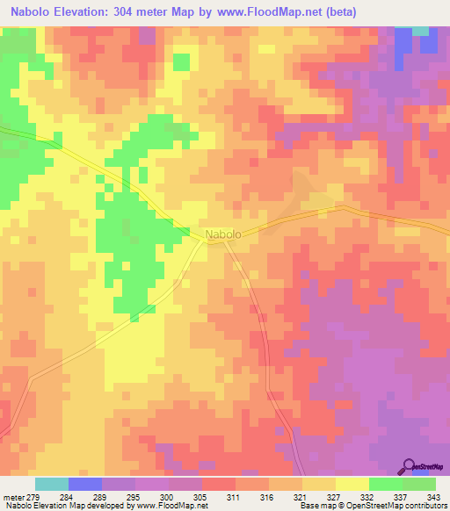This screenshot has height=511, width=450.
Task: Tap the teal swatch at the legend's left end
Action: [52, 484]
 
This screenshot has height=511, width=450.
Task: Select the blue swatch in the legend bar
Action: [85, 484]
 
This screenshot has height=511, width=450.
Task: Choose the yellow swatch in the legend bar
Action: [352, 484]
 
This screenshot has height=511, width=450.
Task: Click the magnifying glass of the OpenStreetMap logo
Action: [410, 466]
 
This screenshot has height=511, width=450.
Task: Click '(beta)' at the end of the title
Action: [337, 12]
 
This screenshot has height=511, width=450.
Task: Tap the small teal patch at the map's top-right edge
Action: [421, 31]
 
